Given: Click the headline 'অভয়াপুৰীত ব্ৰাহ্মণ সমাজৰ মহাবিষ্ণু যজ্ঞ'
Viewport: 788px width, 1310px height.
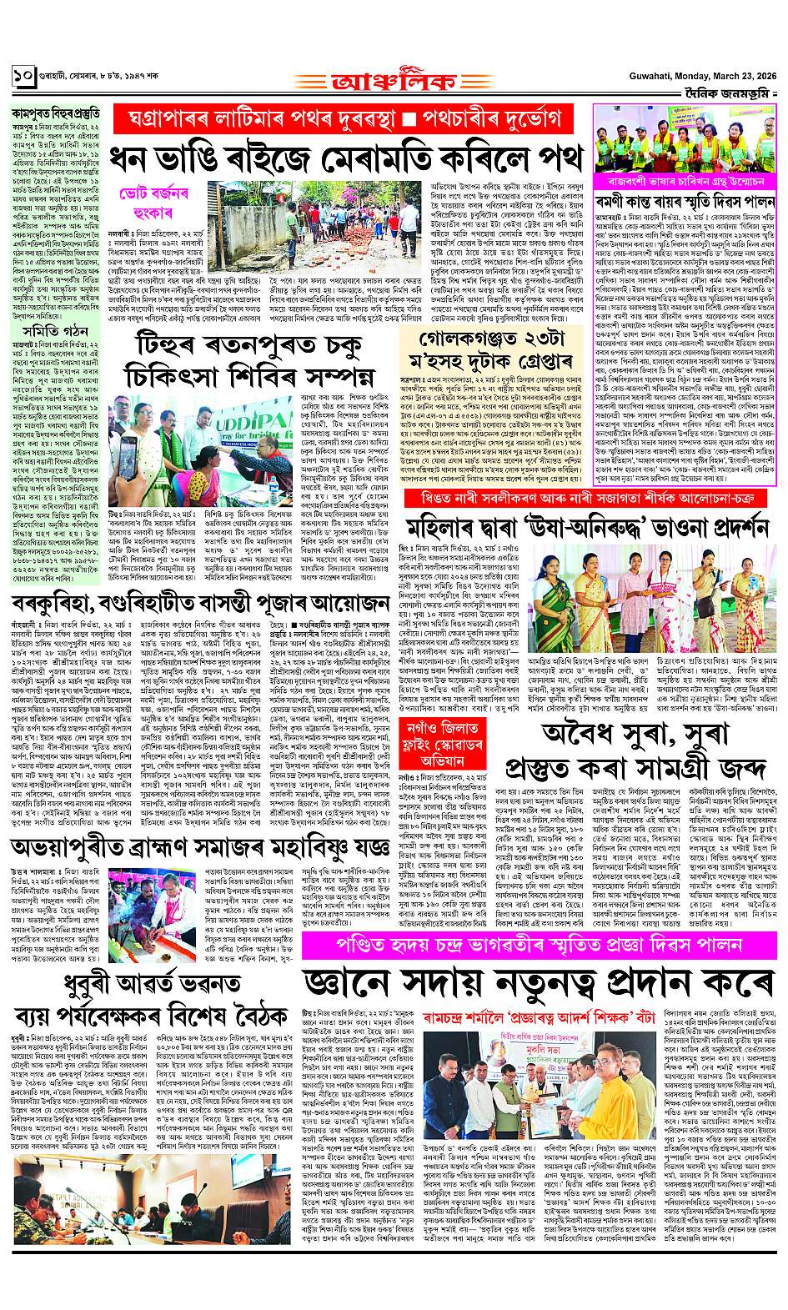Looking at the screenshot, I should coord(200,847).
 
